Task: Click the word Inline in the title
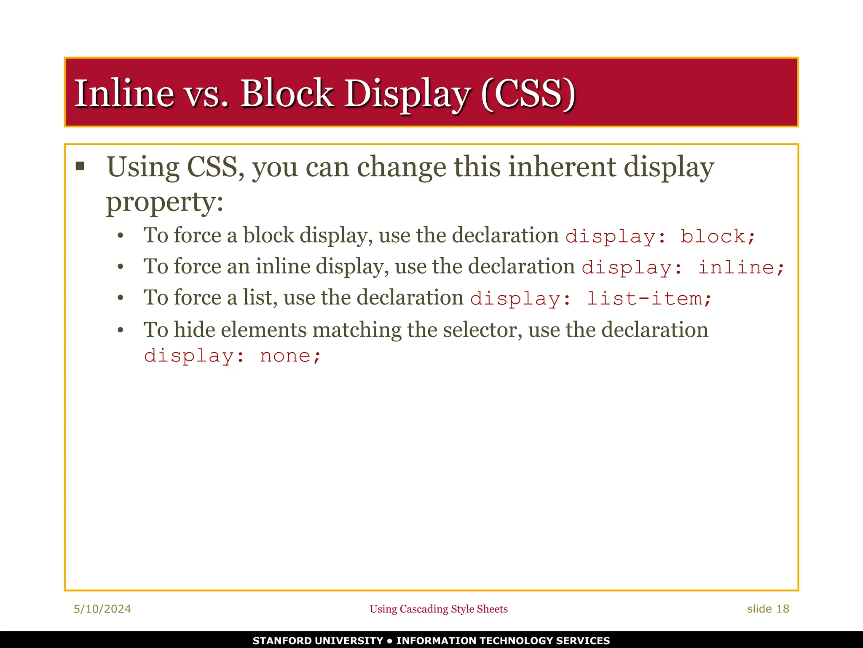[124, 93]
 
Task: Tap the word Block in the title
[287, 93]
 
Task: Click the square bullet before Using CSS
[80, 166]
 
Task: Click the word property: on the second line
[164, 202]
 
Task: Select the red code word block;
[718, 237]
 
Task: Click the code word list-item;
[649, 299]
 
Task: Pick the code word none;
[290, 356]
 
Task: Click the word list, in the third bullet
[260, 298]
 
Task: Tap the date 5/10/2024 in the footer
[102, 609]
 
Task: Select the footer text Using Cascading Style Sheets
[439, 609]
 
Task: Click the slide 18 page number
[768, 609]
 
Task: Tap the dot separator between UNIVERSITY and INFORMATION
[389, 641]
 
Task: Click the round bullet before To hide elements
[121, 330]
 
